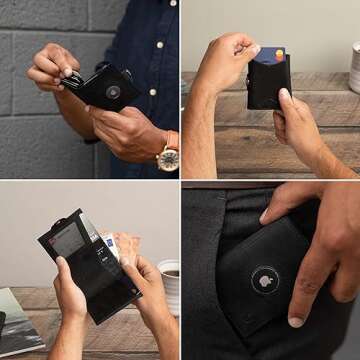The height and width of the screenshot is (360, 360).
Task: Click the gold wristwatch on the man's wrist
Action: click(167, 156)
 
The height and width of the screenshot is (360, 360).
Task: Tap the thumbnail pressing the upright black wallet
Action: click(284, 96)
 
